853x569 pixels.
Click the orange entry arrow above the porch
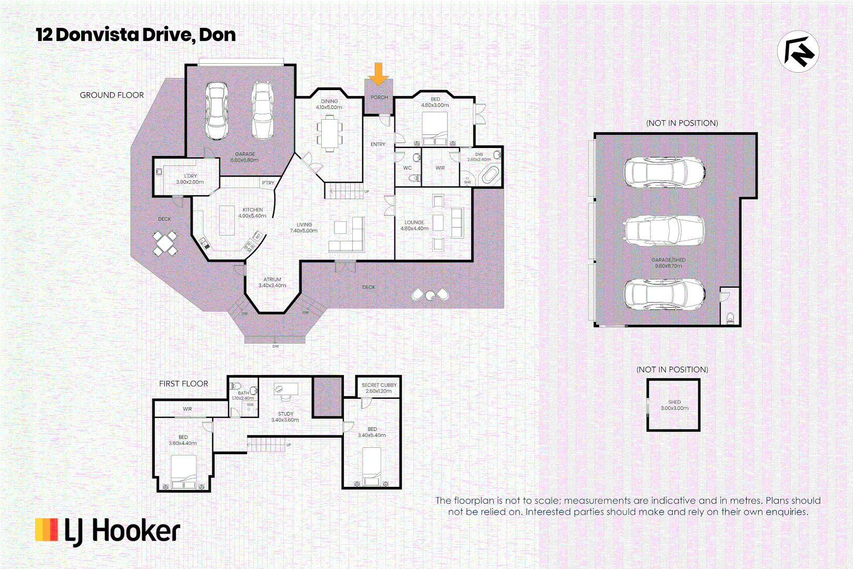point(378,74)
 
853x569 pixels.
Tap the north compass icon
point(798,52)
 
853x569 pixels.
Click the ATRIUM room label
point(272,282)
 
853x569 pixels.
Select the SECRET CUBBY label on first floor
point(379,388)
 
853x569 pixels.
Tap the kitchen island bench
point(227,220)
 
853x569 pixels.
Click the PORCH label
point(379,97)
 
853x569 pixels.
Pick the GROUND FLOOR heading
point(112,95)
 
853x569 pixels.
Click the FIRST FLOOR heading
point(184,384)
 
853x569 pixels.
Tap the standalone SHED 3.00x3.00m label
point(675,405)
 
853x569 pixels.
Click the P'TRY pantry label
point(268,183)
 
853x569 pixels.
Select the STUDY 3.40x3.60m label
point(285,417)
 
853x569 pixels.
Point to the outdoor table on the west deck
point(165,243)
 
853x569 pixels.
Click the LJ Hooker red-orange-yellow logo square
point(46,529)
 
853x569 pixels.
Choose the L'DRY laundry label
point(190,179)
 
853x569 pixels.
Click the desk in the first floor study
point(286,389)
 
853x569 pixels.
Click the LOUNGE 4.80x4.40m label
point(414,225)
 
